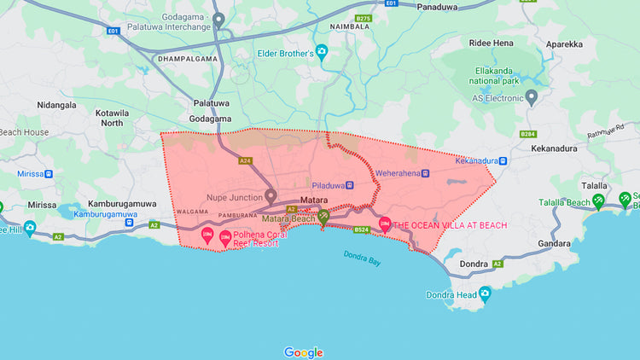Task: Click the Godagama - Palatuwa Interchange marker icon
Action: pos(218,20)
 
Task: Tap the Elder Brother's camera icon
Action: pos(322,51)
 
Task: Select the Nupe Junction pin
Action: pos(271,196)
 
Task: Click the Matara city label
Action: pos(315,198)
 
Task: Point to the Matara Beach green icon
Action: pos(323,217)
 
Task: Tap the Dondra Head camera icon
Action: pos(485,294)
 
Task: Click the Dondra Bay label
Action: pos(362,258)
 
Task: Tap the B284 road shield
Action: pos(528,134)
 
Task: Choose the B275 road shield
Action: pos(364,18)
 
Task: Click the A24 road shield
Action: pos(246,160)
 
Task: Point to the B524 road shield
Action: pos(362,229)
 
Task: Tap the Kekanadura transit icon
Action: pos(503,160)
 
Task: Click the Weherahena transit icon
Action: pos(425,173)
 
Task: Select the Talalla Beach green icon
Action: pos(599,201)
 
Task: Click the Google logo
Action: pos(303,351)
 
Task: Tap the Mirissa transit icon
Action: pos(49,173)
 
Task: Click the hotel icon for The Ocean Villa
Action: pos(384,224)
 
